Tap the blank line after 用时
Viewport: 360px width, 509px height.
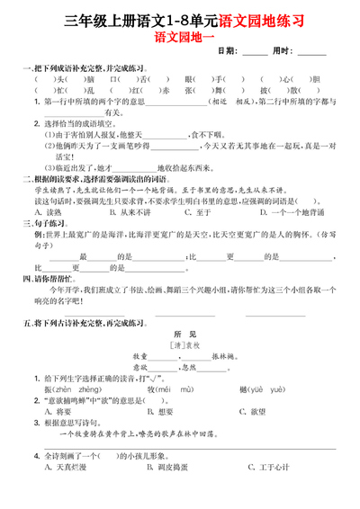coord(311,53)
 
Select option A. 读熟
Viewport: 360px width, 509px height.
coord(50,212)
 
